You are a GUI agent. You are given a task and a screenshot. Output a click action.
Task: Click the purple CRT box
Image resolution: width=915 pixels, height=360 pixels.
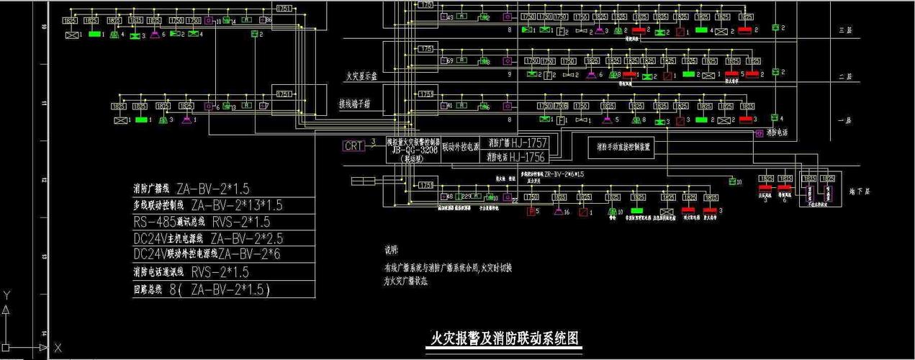(354, 145)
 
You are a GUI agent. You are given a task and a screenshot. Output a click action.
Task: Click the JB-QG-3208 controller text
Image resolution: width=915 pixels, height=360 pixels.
(413, 151)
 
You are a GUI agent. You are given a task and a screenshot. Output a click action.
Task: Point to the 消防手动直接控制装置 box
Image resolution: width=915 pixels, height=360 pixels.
(623, 148)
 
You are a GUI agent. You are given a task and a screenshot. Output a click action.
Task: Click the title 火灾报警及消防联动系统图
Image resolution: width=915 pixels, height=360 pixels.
(504, 338)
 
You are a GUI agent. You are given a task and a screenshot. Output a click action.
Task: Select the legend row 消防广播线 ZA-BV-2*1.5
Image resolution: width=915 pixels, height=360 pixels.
(191, 189)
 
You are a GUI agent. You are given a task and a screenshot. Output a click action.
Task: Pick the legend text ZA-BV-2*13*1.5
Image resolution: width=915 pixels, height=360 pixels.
(237, 205)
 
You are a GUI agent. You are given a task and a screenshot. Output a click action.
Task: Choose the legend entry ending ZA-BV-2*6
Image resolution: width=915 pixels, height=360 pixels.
(207, 255)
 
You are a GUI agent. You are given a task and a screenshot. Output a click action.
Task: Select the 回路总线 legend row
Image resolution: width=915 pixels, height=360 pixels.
(202, 289)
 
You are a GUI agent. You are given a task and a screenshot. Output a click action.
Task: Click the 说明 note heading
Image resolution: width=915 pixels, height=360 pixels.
(391, 251)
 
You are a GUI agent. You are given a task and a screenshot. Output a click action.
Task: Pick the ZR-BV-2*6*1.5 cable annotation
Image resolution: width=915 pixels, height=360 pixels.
(564, 174)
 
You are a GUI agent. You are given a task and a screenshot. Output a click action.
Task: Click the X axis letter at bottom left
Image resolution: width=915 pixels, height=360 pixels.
(58, 348)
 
